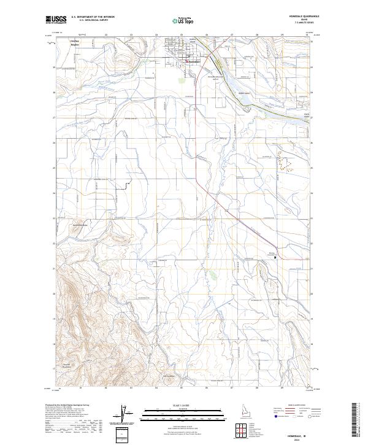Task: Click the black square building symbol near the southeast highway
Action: pyautogui.click(x=275, y=257)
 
